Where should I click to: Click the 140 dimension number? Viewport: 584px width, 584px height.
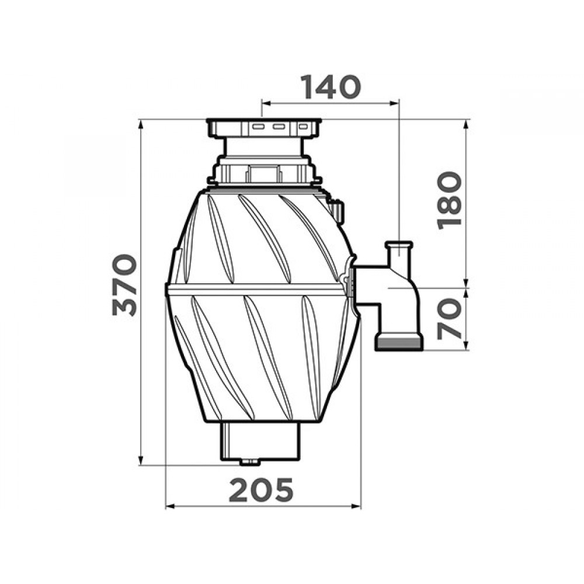pyautogui.click(x=331, y=87)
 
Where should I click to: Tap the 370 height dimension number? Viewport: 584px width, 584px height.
pyautogui.click(x=125, y=285)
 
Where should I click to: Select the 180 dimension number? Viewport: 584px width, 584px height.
pyautogui.click(x=450, y=200)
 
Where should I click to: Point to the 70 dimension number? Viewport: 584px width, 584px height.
pyautogui.click(x=450, y=318)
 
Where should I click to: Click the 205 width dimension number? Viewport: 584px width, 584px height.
pyautogui.click(x=261, y=490)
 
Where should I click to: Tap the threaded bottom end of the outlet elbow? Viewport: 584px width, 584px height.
pyautogui.click(x=399, y=343)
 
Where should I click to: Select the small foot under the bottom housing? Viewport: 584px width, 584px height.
pyautogui.click(x=250, y=462)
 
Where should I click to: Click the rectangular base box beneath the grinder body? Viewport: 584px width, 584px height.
pyautogui.click(x=260, y=441)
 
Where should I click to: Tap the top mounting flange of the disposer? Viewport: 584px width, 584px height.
pyautogui.click(x=264, y=128)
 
